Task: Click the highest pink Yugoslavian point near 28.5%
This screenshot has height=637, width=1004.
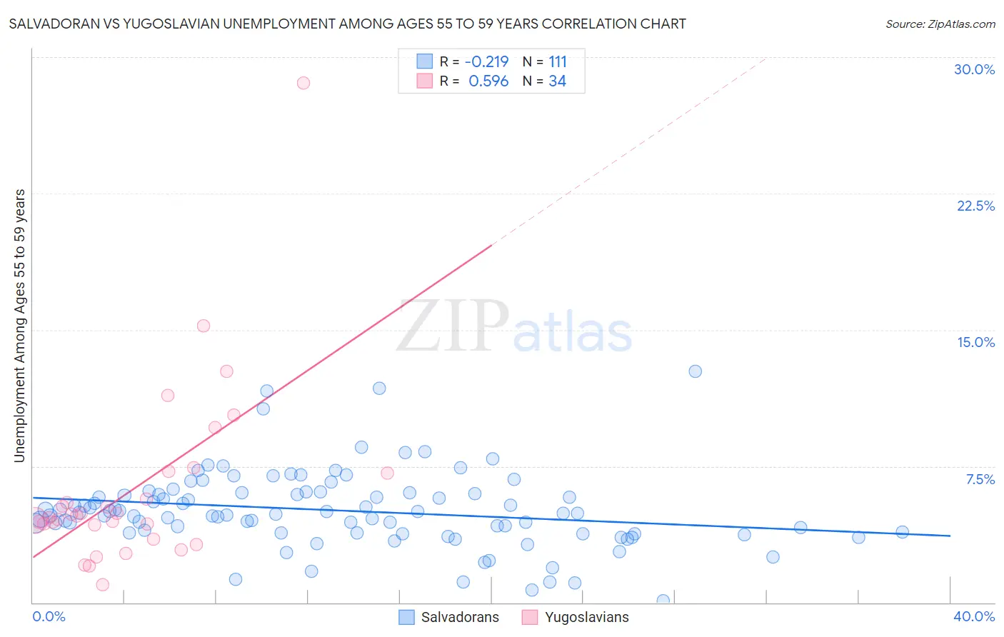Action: pyautogui.click(x=303, y=83)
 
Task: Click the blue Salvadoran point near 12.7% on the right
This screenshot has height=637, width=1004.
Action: pyautogui.click(x=695, y=371)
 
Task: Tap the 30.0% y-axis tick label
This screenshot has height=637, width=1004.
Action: pyautogui.click(x=974, y=69)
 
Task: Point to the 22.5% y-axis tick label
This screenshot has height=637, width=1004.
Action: pyautogui.click(x=975, y=206)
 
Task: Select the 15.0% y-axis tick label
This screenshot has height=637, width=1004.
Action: pyautogui.click(x=975, y=342)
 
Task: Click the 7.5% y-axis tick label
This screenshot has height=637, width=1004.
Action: pyautogui.click(x=980, y=479)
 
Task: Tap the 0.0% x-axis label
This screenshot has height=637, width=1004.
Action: pyautogui.click(x=49, y=616)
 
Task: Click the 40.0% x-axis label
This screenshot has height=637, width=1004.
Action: pyautogui.click(x=974, y=616)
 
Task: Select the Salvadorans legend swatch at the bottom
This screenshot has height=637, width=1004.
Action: pyautogui.click(x=407, y=617)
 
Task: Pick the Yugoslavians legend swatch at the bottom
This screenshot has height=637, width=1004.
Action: pyautogui.click(x=530, y=617)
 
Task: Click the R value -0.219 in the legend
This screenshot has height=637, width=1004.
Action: pyautogui.click(x=486, y=61)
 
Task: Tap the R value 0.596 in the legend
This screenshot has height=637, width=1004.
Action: pyautogui.click(x=488, y=81)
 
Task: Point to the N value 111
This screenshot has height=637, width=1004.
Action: pyautogui.click(x=557, y=61)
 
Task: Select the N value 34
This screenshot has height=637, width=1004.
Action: pyautogui.click(x=557, y=81)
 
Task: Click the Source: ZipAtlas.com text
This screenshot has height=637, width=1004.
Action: pyautogui.click(x=940, y=24)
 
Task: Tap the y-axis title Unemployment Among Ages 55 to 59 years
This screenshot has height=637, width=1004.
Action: pyautogui.click(x=19, y=326)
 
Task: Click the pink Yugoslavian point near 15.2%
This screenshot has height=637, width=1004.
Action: pyautogui.click(x=204, y=326)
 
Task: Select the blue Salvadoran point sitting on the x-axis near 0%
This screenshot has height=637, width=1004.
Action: pyautogui.click(x=663, y=601)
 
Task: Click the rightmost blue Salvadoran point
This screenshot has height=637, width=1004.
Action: pyautogui.click(x=902, y=532)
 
